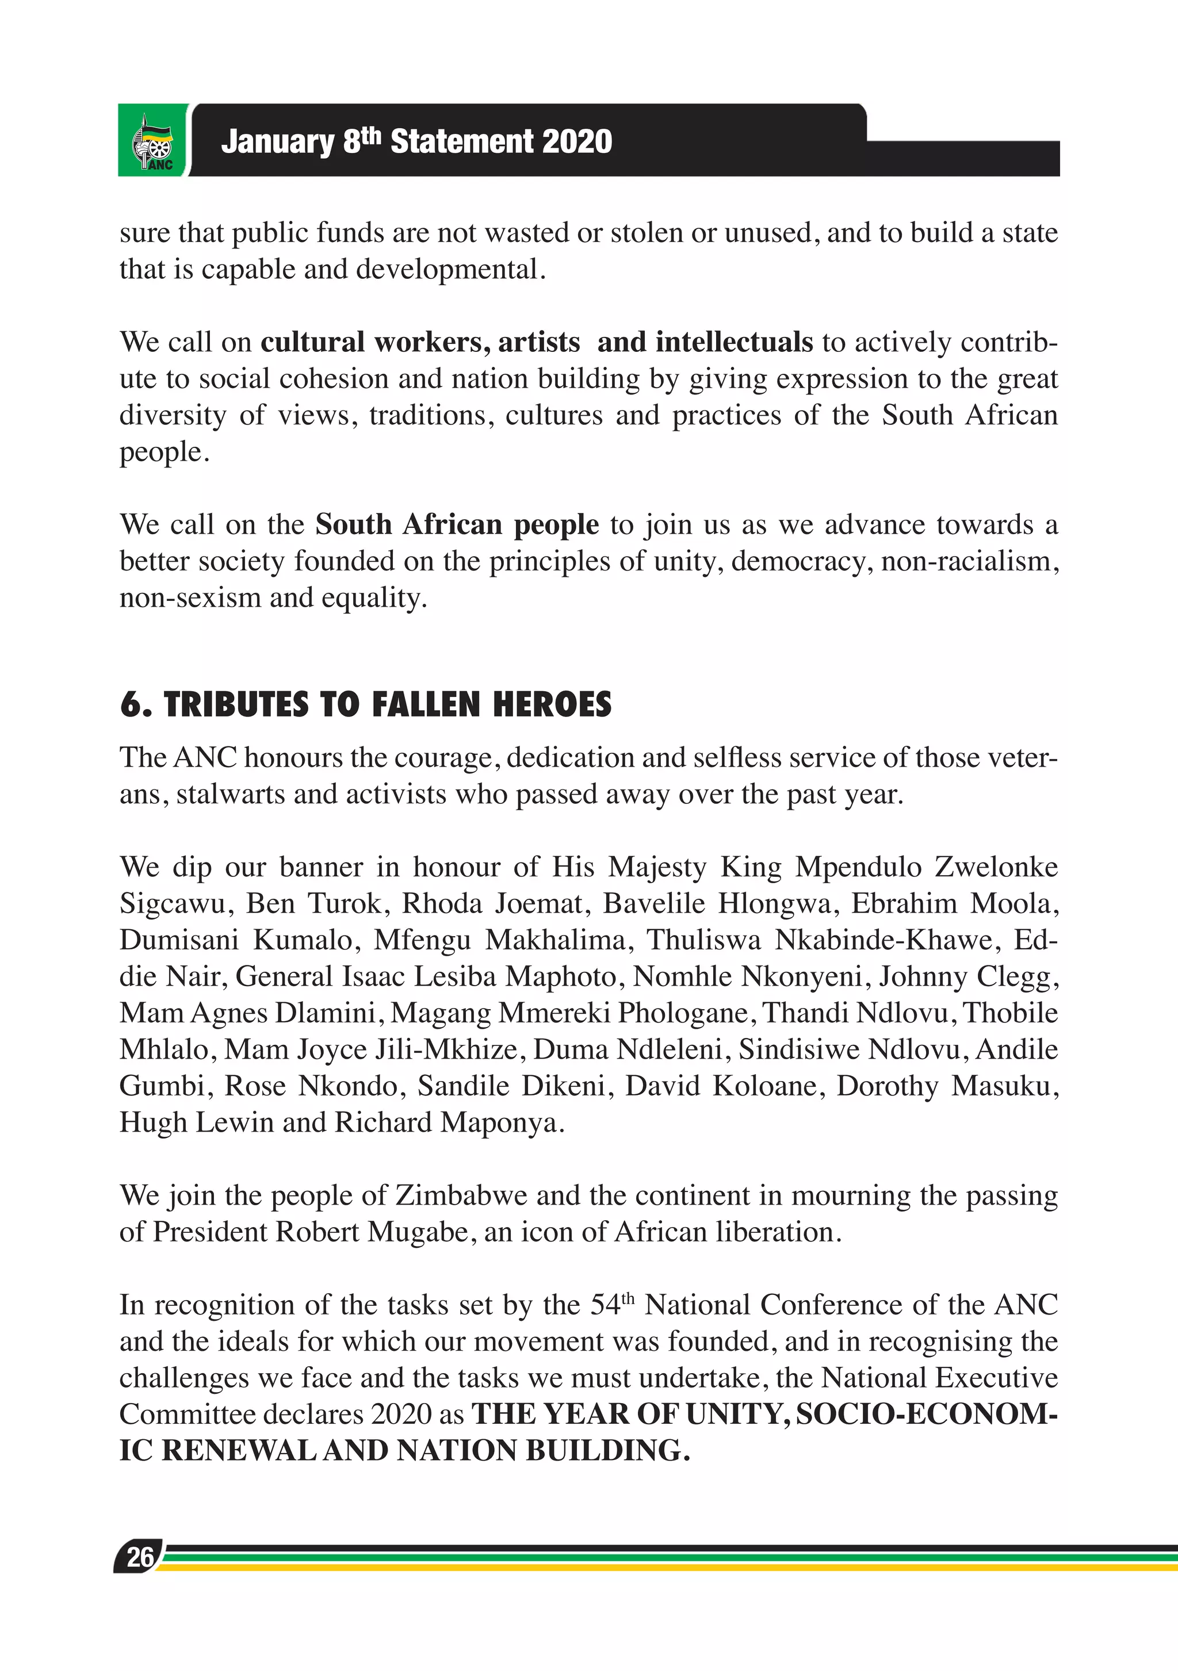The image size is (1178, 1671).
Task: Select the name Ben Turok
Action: click(313, 903)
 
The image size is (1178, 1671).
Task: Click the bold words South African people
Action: click(457, 524)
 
